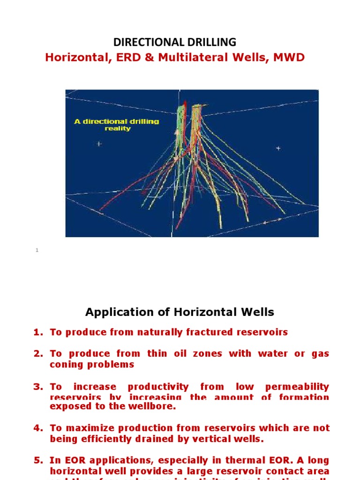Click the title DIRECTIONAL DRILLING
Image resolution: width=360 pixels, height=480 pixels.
tap(175, 42)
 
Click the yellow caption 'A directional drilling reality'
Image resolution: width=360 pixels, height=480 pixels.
tap(117, 125)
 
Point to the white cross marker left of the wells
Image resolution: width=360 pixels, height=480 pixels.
tap(99, 144)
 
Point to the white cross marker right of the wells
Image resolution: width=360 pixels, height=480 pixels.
tap(278, 148)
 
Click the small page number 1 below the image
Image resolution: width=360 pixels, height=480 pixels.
tap(37, 250)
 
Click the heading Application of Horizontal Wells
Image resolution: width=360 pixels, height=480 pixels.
tap(180, 312)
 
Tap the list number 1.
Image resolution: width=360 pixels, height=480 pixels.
tap(37, 332)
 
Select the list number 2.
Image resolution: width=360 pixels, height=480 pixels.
tap(37, 354)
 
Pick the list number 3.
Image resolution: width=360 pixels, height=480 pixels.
tap(37, 387)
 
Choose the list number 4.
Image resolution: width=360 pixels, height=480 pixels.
tap(37, 428)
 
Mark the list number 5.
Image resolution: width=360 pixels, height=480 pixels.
tap(37, 460)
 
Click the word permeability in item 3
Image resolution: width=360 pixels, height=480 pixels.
tap(297, 387)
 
